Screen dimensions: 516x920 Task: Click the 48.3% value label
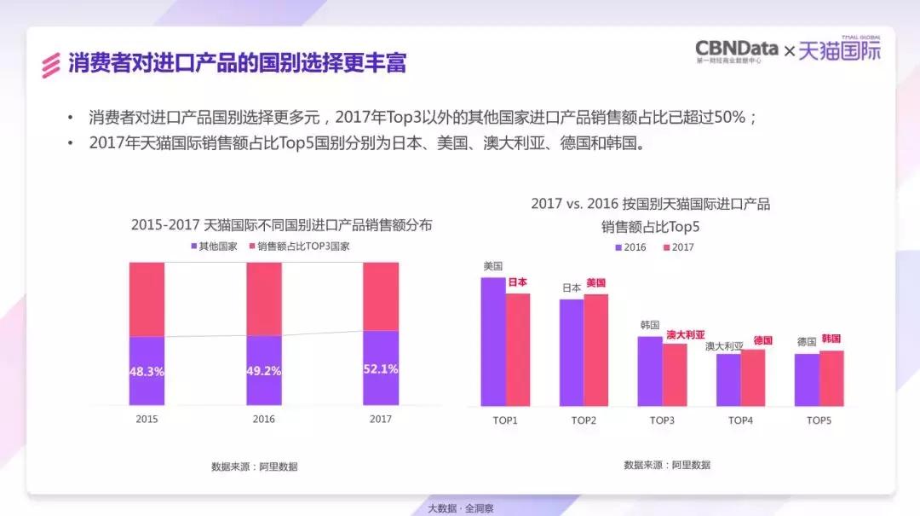coord(147,372)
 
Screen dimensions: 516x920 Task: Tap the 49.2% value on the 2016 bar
coord(263,371)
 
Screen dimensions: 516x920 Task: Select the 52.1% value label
coord(380,368)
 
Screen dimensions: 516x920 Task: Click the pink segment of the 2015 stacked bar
coord(147,299)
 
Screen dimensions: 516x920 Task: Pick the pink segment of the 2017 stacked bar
coord(380,296)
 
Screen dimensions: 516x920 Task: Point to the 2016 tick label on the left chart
coord(263,420)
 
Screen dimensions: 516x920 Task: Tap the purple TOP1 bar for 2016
coord(492,341)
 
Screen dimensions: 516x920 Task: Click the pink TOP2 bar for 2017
coord(596,350)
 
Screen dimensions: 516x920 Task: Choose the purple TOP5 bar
coord(807,380)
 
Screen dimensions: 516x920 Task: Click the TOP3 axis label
coord(662,420)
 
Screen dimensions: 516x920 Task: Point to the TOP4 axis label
coord(740,420)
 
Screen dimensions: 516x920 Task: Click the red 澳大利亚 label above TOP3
coord(686,335)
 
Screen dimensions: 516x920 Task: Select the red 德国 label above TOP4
coord(762,340)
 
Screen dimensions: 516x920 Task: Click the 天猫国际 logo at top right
coord(840,51)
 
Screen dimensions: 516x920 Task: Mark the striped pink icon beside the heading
coord(52,64)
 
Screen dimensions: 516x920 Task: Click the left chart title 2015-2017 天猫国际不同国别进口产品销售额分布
coord(281,225)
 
